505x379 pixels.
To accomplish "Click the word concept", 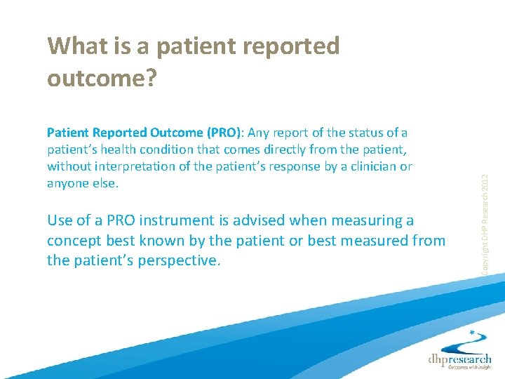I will pyautogui.click(x=72, y=241).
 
